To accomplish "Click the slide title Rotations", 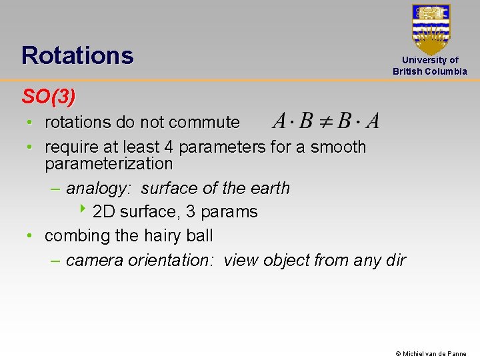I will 77,55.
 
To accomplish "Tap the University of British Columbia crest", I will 431,29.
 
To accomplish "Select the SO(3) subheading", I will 49,97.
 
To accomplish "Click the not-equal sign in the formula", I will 326,121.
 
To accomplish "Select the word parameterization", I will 109,164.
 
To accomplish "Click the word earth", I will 269,189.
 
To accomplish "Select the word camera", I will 92,260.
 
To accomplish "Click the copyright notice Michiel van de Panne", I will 431,354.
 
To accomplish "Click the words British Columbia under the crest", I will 430,71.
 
